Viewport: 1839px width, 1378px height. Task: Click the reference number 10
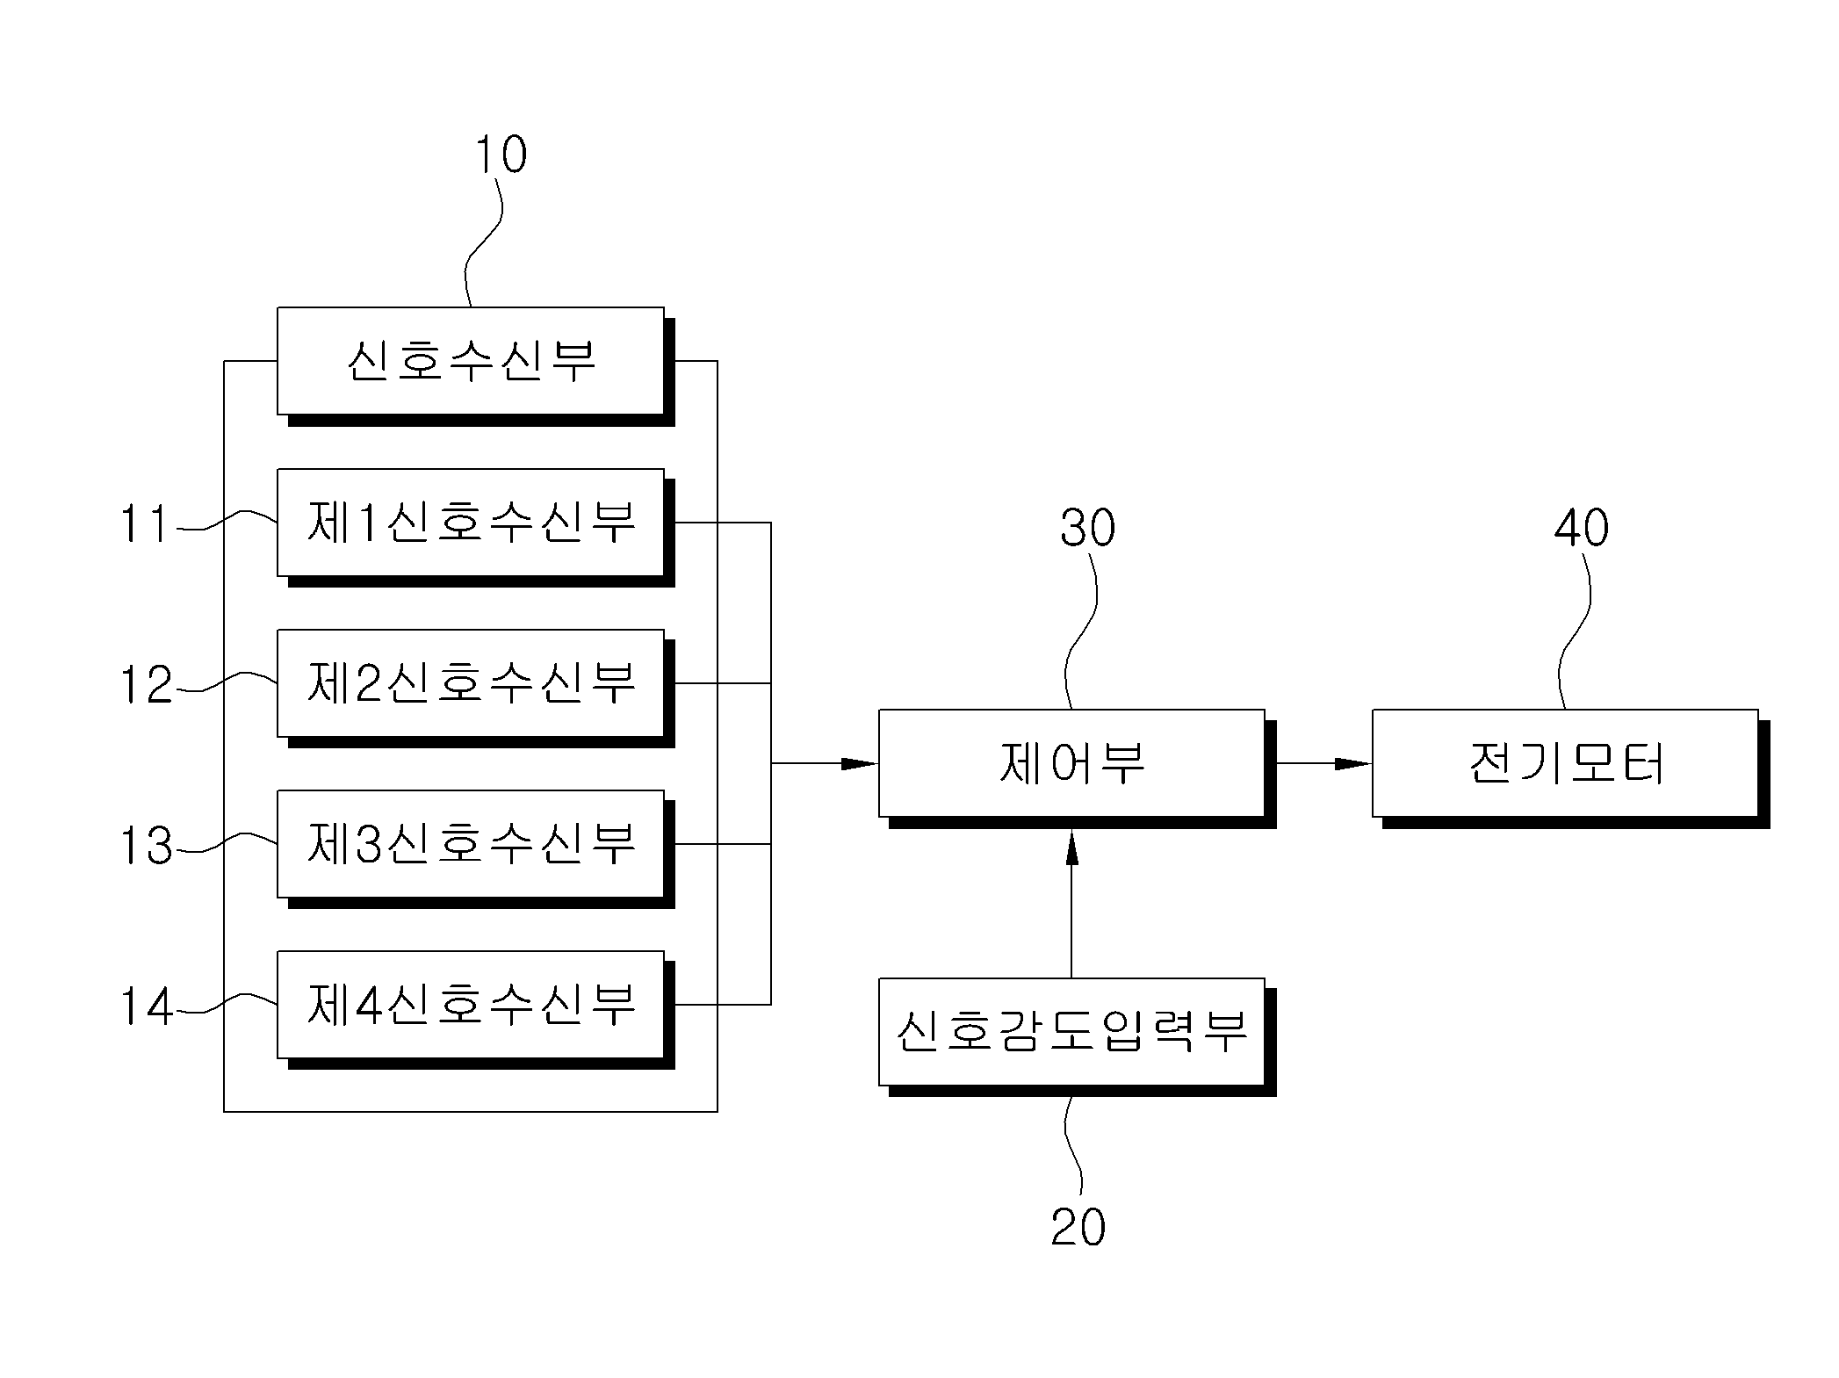pos(501,155)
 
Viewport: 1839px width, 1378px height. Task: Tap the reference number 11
pos(144,524)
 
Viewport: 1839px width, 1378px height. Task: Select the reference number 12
pos(146,685)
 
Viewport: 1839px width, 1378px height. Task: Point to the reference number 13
pos(146,846)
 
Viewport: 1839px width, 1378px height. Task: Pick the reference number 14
pos(146,1006)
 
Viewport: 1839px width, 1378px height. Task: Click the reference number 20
pos(1078,1227)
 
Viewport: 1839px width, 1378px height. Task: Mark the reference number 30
pos(1088,528)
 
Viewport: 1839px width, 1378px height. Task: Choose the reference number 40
pos(1582,528)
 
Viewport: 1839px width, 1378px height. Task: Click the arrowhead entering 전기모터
pos(1353,764)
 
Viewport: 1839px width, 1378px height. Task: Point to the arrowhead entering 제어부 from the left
pos(860,764)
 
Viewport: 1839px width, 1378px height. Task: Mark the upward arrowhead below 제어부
pos(1071,847)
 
